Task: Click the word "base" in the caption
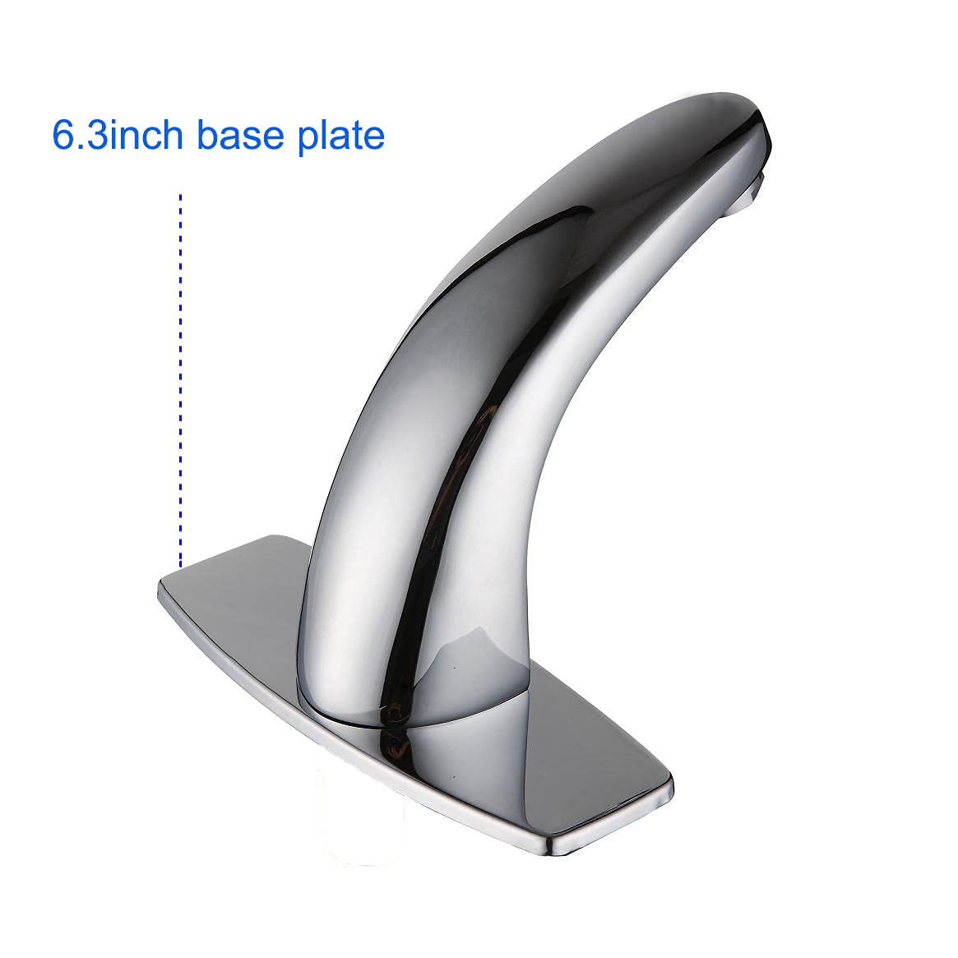(x=239, y=135)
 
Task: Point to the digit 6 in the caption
(x=63, y=135)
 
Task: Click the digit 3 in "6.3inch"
(x=97, y=135)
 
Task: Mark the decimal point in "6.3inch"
(x=81, y=147)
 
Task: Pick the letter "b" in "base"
(x=207, y=134)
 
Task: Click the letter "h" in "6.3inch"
(x=174, y=134)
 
